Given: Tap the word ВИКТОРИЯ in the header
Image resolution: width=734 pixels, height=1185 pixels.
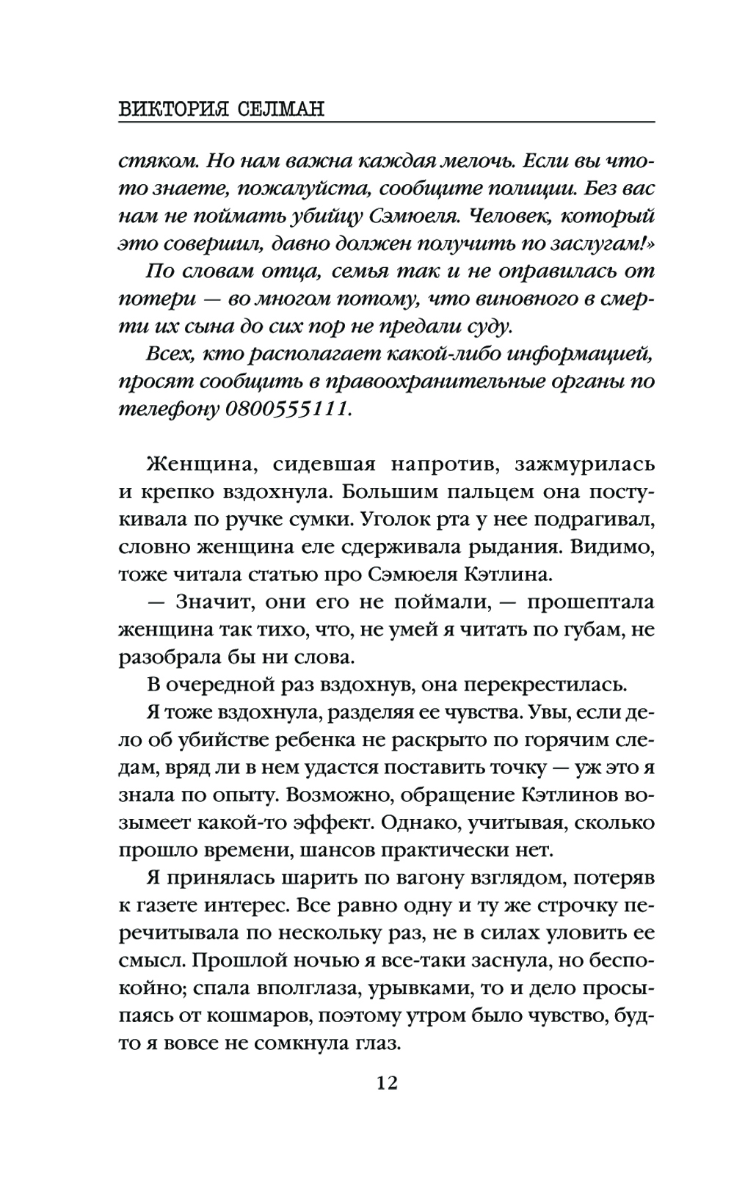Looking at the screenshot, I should [170, 109].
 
